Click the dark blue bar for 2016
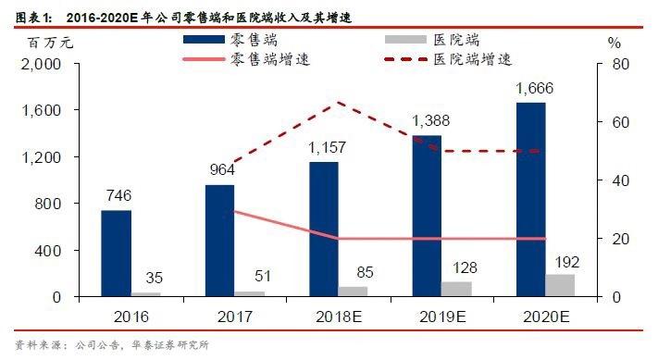click(116, 253)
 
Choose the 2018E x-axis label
click(338, 316)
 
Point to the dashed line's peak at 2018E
click(340, 102)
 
